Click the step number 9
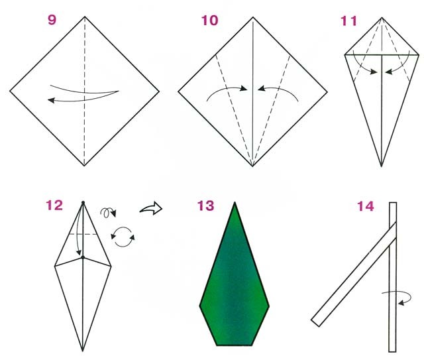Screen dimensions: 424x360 coord(52,20)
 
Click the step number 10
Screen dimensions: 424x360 coord(209,21)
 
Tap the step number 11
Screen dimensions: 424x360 coord(348,21)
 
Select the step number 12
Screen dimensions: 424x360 coord(54,206)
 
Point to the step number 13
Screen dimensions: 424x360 coord(206,206)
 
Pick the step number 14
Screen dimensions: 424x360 coord(366,206)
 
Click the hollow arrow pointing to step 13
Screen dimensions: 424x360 coord(151,208)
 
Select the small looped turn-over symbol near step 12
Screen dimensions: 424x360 coord(108,212)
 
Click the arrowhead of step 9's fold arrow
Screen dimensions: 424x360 coord(51,100)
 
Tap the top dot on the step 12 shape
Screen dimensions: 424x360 coord(83,202)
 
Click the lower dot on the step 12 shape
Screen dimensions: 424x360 coord(83,257)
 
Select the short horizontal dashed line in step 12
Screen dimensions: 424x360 coord(83,235)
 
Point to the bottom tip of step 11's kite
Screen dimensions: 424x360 coord(382,166)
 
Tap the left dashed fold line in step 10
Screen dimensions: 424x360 coord(234,111)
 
